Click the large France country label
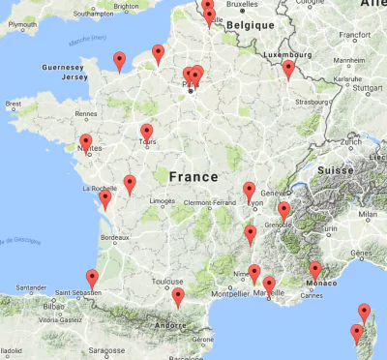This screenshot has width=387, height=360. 193,178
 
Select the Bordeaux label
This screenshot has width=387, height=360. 114,236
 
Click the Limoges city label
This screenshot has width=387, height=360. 161,201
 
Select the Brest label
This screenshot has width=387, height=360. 13,103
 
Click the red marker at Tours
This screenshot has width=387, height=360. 147,133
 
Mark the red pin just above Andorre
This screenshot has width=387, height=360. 177,296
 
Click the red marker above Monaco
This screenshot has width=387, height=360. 315,270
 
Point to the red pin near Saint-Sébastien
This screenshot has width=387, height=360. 92,278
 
